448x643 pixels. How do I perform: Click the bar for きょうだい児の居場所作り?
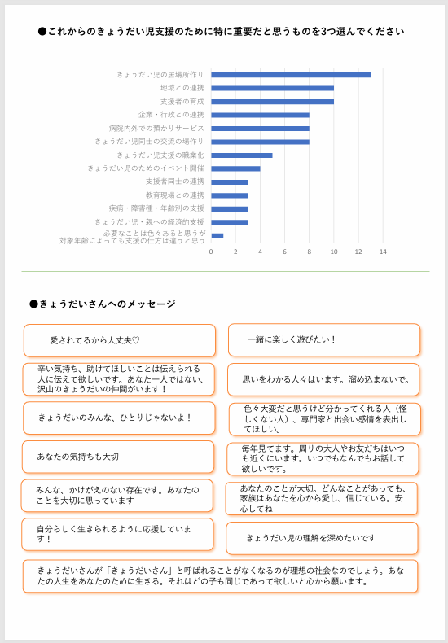291,75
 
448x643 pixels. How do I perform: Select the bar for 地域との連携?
272,88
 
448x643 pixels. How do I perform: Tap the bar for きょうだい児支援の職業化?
242,155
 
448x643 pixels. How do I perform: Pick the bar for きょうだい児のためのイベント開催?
235,168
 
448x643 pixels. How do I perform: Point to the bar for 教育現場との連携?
230,195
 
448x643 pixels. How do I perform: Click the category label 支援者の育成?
182,102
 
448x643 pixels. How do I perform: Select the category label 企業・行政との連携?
171,115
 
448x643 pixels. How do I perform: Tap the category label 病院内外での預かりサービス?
156,129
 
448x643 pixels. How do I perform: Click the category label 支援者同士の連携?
175,182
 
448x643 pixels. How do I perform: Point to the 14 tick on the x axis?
383,252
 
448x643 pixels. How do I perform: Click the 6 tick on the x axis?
285,252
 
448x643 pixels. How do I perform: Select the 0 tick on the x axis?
211,252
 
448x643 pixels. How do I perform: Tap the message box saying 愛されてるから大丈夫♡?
120,340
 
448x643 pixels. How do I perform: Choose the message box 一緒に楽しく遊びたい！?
323,339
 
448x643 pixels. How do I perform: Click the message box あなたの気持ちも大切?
118,457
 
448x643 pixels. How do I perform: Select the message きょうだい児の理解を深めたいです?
322,538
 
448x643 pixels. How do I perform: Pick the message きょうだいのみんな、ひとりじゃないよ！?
119,418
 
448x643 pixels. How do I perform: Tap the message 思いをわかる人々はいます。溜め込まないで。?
323,379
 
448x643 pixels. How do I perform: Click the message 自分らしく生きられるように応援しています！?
118,534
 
